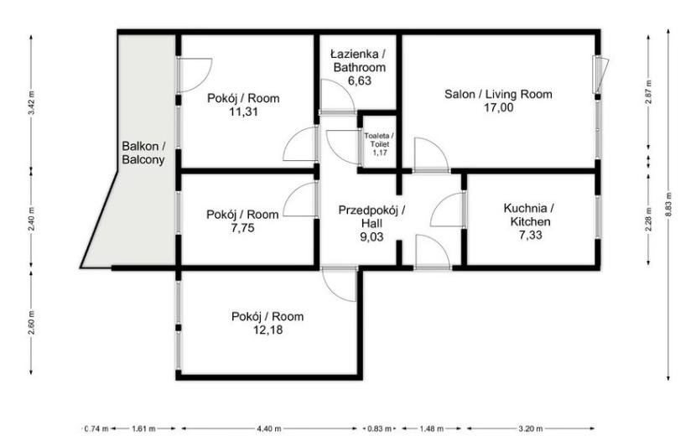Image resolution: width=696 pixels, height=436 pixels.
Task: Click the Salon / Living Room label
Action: coord(498,94)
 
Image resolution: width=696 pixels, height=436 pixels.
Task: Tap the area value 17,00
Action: coord(498,107)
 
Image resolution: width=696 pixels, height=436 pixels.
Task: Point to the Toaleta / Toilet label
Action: coord(380,140)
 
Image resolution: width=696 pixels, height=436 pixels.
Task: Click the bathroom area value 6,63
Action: coord(359,80)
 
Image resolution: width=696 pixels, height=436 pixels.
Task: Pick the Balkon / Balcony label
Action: coord(143,153)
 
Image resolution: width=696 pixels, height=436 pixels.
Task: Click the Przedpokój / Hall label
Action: coord(371,216)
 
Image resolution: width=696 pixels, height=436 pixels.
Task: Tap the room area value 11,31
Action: coord(243,112)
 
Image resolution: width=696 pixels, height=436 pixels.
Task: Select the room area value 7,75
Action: coord(242,228)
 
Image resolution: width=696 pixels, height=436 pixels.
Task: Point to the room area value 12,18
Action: coord(267,330)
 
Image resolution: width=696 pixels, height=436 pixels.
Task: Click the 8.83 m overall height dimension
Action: coord(668,205)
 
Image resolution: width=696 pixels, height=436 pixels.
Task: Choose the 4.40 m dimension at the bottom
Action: coord(268,429)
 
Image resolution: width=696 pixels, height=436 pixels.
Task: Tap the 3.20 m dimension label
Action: coord(531,429)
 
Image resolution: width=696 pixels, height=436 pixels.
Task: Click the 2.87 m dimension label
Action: coord(649,92)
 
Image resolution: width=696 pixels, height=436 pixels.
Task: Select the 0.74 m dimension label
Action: coord(96,429)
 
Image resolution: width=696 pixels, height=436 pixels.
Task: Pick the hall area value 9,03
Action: coord(371,236)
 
